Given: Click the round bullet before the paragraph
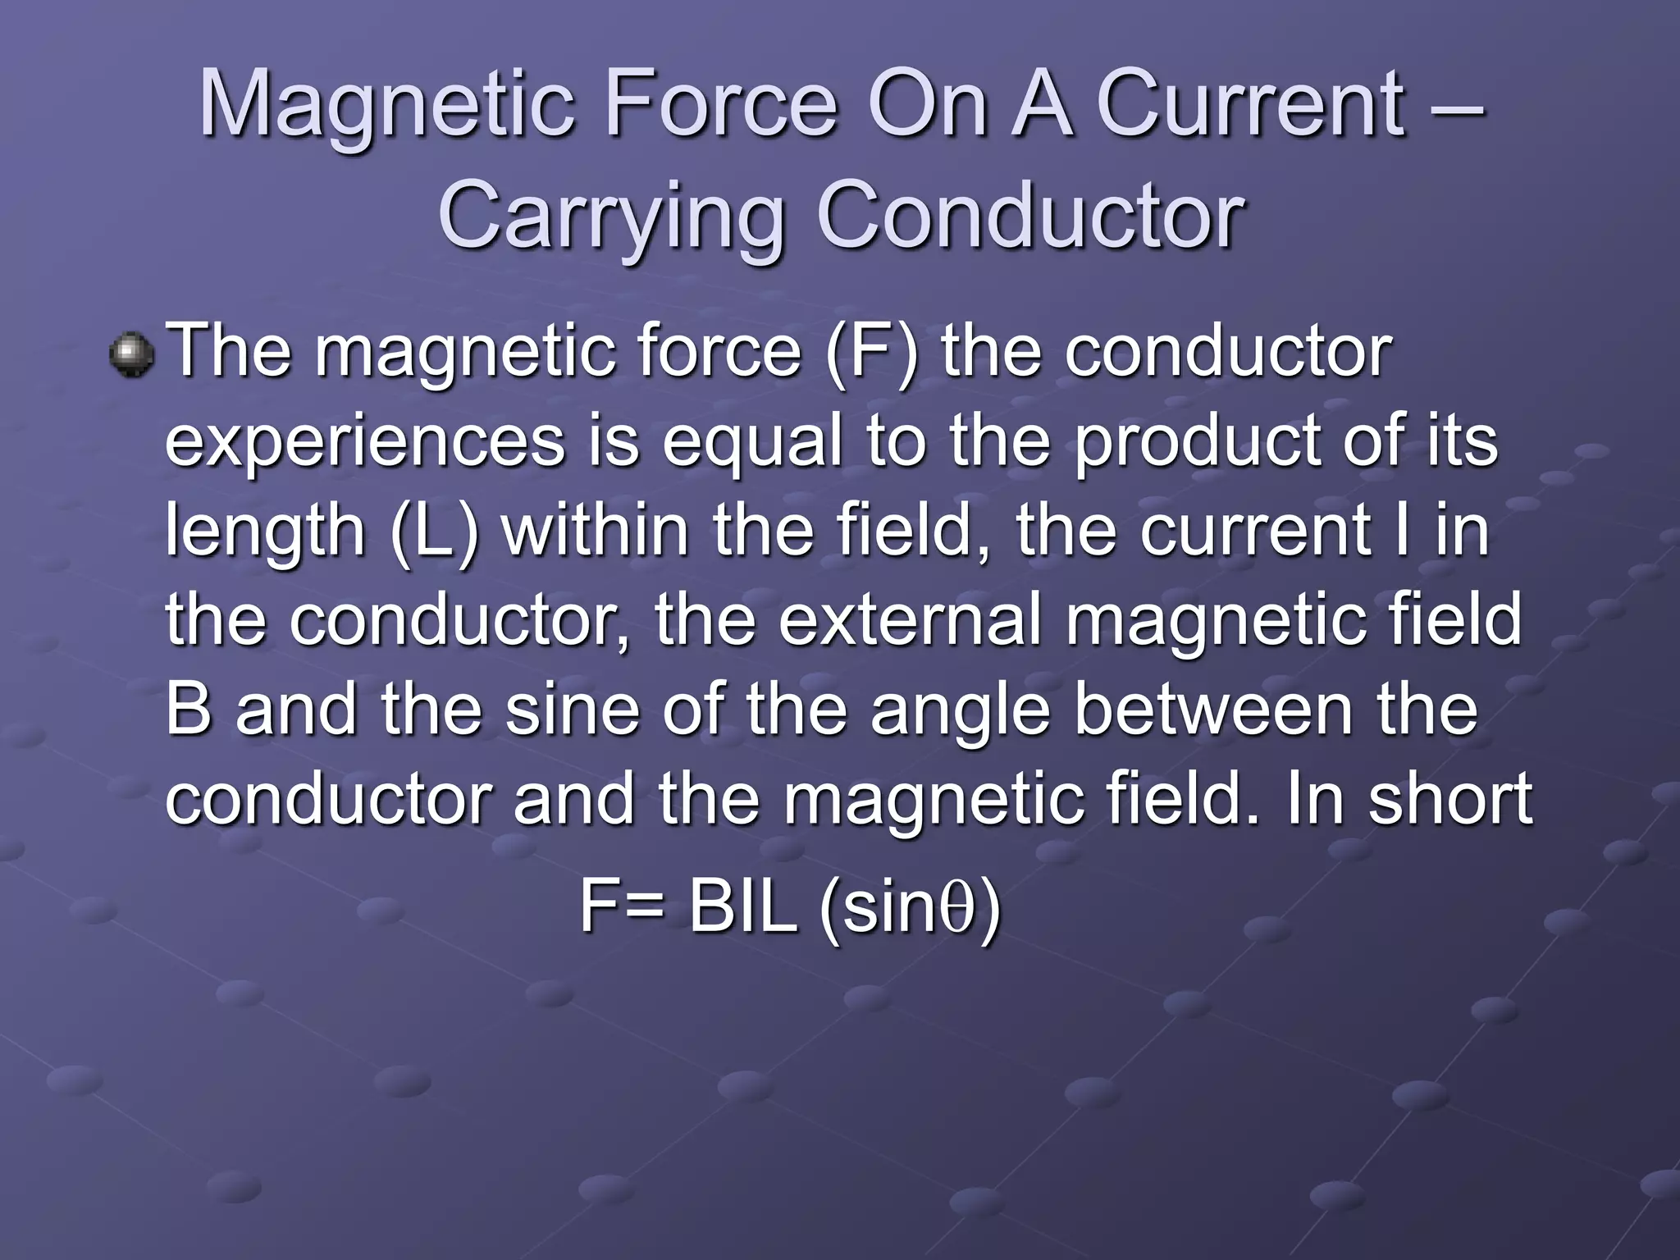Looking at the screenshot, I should coord(132,354).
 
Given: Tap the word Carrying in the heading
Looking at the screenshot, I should coord(611,217).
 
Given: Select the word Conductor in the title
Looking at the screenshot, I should coord(1030,217).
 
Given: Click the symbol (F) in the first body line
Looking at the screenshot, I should coord(872,353).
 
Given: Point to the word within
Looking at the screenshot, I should coord(596,530).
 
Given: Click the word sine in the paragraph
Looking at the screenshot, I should coord(571,710).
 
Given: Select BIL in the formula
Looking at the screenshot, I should coord(743,907).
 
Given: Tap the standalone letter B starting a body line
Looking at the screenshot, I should coord(188,710).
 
